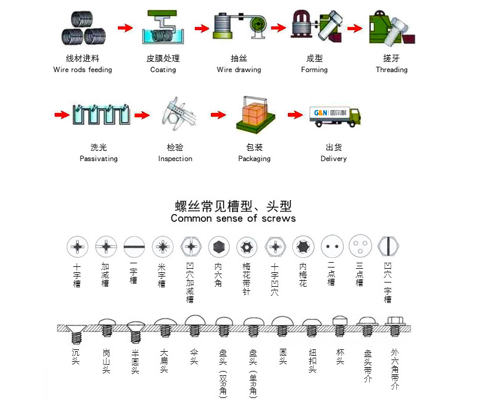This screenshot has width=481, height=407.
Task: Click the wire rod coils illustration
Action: click(x=82, y=29)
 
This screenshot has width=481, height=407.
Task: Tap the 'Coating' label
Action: click(x=163, y=70)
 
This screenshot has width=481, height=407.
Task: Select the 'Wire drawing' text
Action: click(x=239, y=70)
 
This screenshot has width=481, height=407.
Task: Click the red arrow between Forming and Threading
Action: click(x=355, y=28)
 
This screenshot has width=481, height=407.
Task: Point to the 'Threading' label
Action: click(x=391, y=70)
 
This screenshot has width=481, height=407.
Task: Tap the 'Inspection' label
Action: click(x=175, y=159)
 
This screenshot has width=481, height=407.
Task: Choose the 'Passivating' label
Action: click(x=99, y=159)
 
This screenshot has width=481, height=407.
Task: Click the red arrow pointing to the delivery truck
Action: click(x=295, y=115)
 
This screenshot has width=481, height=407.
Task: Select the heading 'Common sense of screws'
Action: click(x=233, y=218)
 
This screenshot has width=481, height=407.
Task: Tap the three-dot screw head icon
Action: click(x=360, y=246)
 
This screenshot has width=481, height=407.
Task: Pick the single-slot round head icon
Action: click(x=133, y=246)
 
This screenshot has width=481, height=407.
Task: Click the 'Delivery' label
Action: click(x=334, y=159)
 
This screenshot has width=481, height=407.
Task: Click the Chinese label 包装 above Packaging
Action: click(x=254, y=147)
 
